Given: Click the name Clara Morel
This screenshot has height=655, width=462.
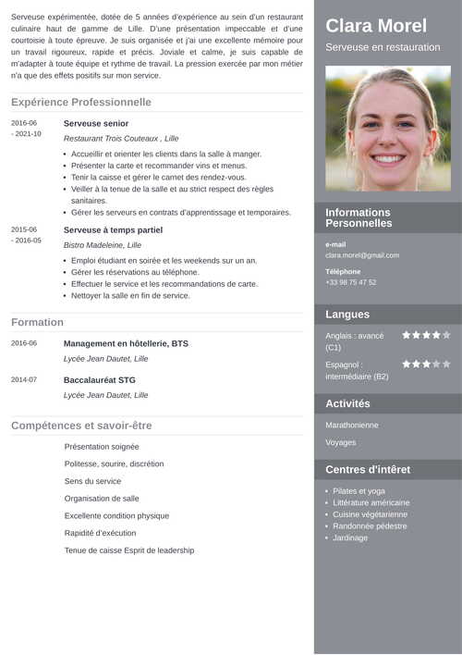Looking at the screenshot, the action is coord(376,26).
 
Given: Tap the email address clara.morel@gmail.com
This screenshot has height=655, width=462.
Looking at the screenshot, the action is coord(362,255).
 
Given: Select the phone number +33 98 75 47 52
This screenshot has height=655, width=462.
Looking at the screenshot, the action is coord(351,282).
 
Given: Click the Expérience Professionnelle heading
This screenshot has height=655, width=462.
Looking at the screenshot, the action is coord(81,102).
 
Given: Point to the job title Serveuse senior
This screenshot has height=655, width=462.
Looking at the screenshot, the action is coord(96,123).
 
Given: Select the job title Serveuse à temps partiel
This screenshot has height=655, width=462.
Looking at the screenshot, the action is coord(113,229).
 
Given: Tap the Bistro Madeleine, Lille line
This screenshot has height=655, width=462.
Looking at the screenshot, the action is coord(103,245).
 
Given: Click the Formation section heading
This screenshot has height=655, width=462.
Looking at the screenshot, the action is coord(37,322).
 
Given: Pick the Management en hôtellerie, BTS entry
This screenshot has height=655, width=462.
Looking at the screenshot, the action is coord(126,343).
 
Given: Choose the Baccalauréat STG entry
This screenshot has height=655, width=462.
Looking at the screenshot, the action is coord(100,379).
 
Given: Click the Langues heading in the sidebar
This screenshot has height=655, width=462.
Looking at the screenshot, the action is coord(347,315).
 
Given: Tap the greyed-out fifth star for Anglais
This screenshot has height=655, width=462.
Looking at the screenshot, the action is coord(446,335).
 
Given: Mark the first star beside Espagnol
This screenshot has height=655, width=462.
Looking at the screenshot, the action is coord(407,365).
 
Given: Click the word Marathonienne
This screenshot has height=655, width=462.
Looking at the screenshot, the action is coord(352,425).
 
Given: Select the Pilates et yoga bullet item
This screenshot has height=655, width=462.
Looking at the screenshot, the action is coord(359,491).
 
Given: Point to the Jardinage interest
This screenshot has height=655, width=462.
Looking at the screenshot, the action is coord(350,538).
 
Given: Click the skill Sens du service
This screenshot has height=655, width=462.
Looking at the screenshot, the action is coord(92,481).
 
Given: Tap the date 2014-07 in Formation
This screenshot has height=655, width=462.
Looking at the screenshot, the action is coord(24,379).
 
